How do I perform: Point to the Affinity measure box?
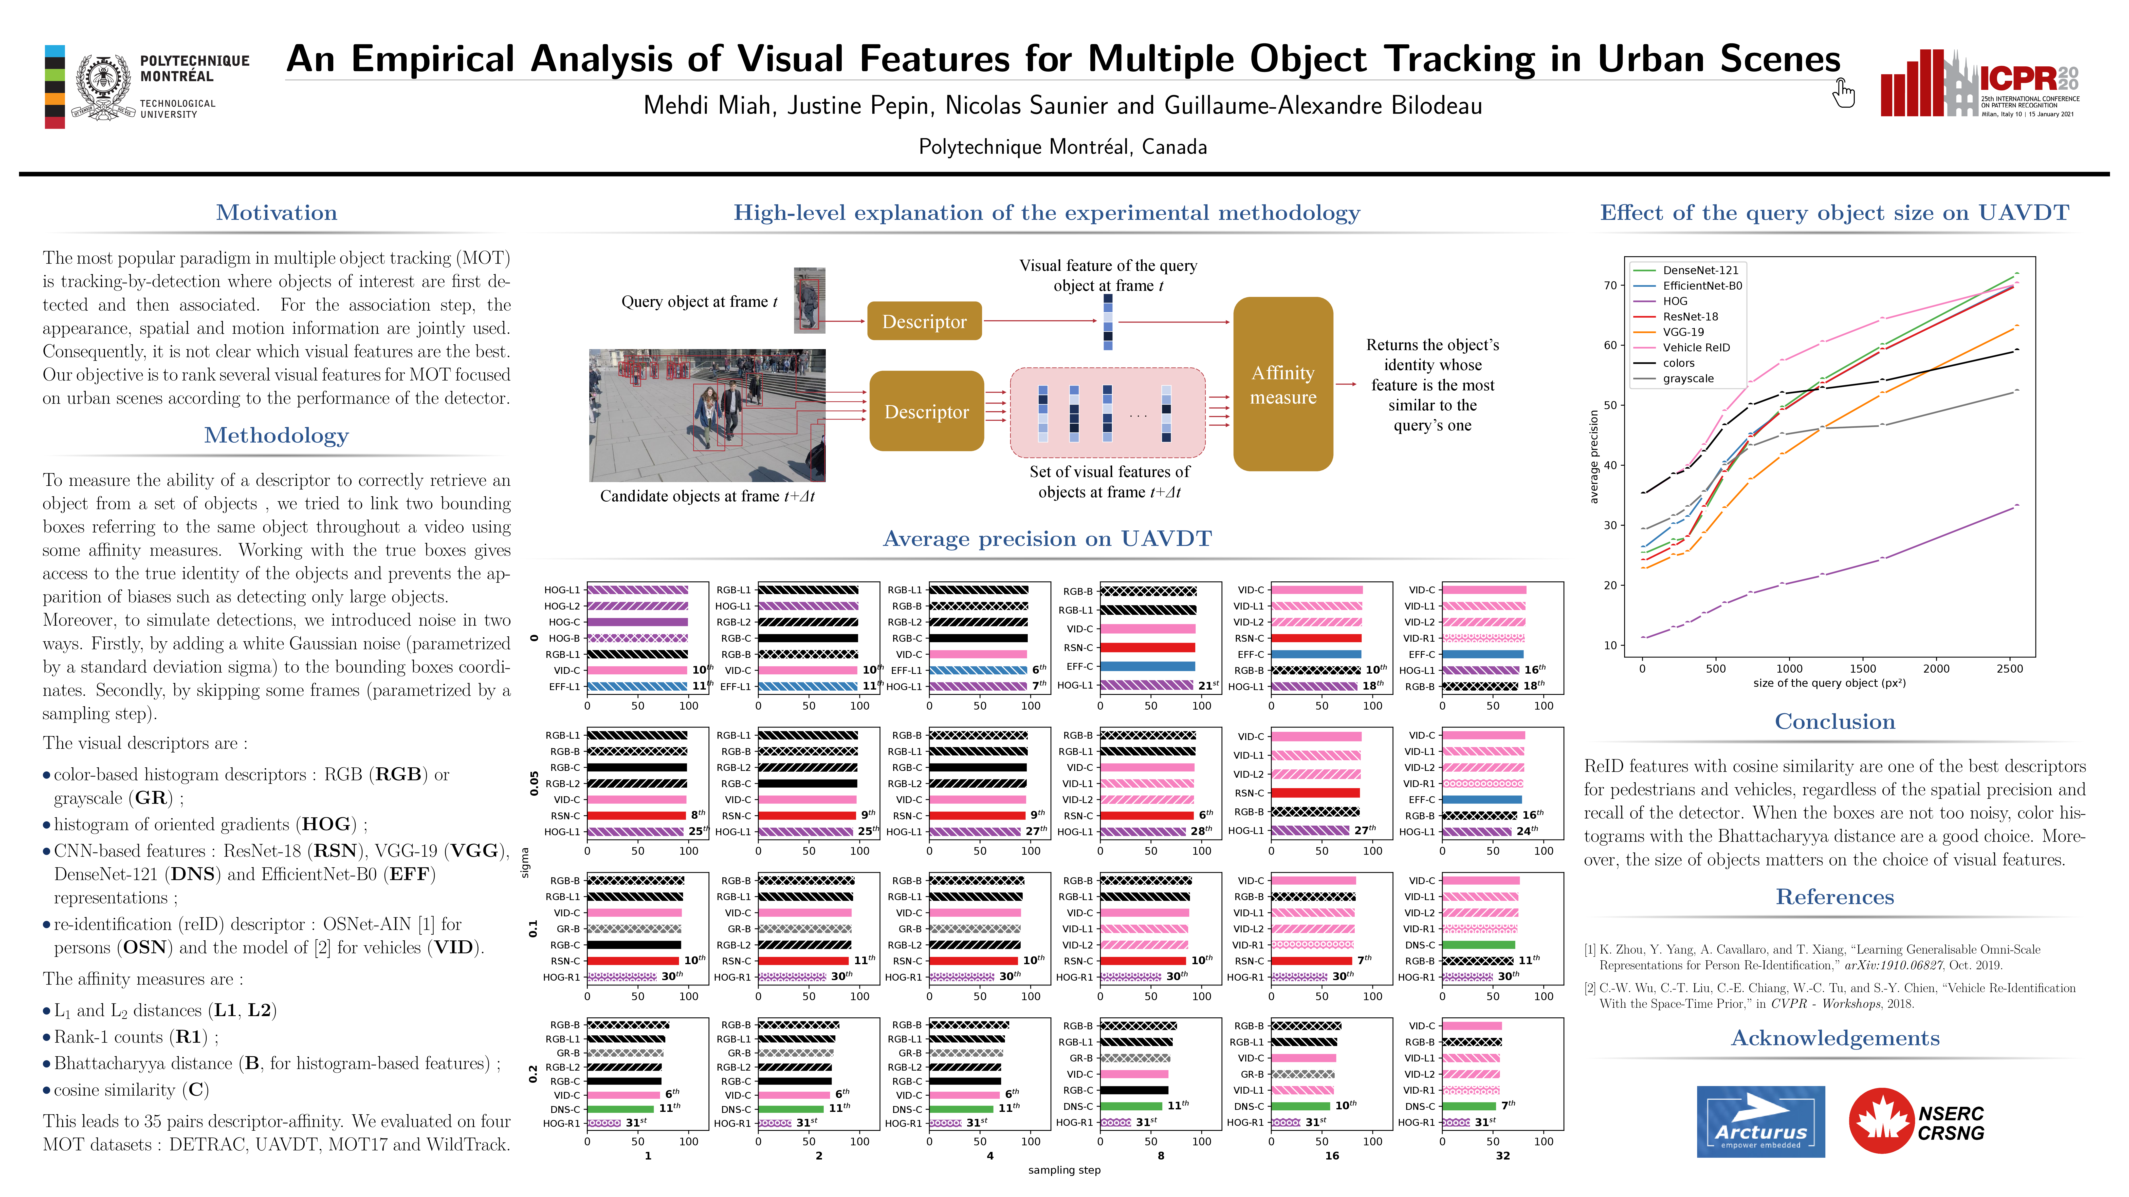1283,384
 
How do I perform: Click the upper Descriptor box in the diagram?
924,321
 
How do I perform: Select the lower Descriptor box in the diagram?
926,411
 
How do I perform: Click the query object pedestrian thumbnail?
809,300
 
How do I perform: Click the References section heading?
1835,897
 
